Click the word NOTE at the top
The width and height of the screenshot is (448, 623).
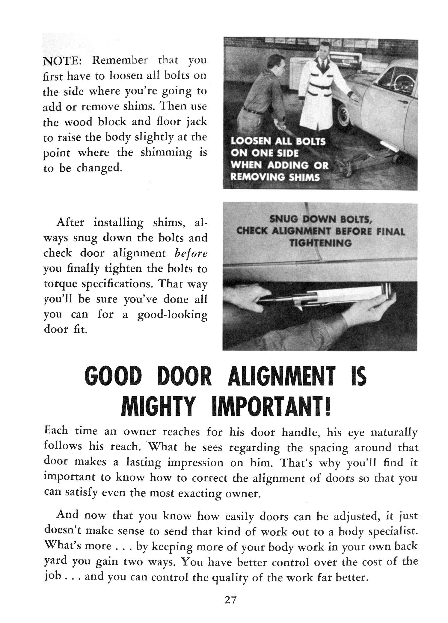61,61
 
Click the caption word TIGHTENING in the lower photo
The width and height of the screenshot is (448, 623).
320,243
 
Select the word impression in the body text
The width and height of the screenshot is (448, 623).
195,462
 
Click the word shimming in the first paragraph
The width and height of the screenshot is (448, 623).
167,152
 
